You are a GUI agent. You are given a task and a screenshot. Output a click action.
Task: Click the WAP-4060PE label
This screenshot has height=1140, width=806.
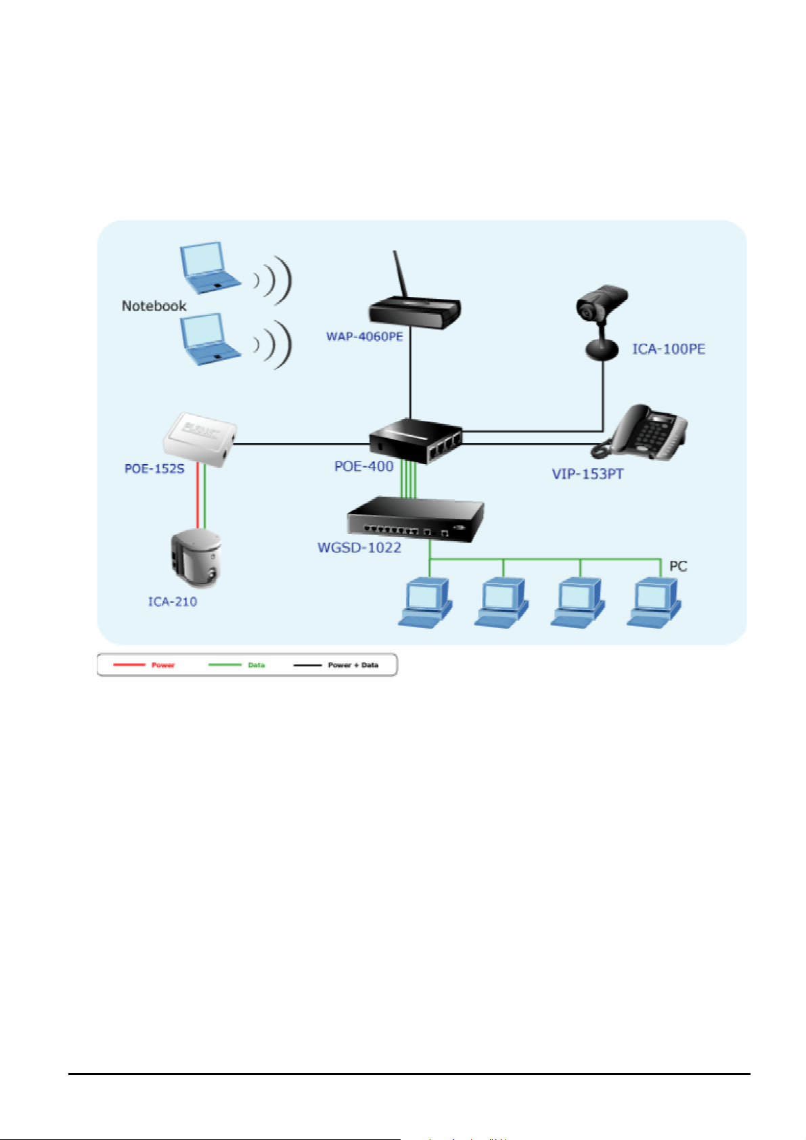click(x=364, y=336)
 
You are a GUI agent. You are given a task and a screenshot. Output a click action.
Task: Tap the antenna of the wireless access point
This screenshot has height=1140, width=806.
click(x=400, y=275)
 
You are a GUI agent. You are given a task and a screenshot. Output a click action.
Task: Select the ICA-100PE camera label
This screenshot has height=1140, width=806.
click(x=668, y=349)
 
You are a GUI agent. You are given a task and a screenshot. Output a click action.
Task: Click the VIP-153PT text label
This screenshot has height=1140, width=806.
click(x=587, y=474)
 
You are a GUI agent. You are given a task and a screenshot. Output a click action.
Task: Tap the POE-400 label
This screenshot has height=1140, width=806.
click(x=363, y=466)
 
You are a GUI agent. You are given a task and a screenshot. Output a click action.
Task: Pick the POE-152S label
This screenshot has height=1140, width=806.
click(x=154, y=468)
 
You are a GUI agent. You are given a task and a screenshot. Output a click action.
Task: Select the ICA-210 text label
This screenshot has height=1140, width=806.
click(x=173, y=601)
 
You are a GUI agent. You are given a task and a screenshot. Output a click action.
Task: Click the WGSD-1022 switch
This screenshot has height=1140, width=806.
click(x=416, y=519)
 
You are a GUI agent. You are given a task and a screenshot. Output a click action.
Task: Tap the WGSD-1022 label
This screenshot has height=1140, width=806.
click(x=359, y=547)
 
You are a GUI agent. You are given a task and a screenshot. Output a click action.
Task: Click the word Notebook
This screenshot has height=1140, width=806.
click(x=154, y=306)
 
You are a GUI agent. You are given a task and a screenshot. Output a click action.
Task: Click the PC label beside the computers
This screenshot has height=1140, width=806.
click(x=677, y=566)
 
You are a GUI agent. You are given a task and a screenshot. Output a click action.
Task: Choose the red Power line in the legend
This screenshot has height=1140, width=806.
click(x=129, y=664)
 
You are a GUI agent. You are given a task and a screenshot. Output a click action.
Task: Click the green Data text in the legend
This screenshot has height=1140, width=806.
click(x=256, y=665)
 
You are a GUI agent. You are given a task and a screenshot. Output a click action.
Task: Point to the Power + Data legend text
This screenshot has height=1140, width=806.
click(x=353, y=665)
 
